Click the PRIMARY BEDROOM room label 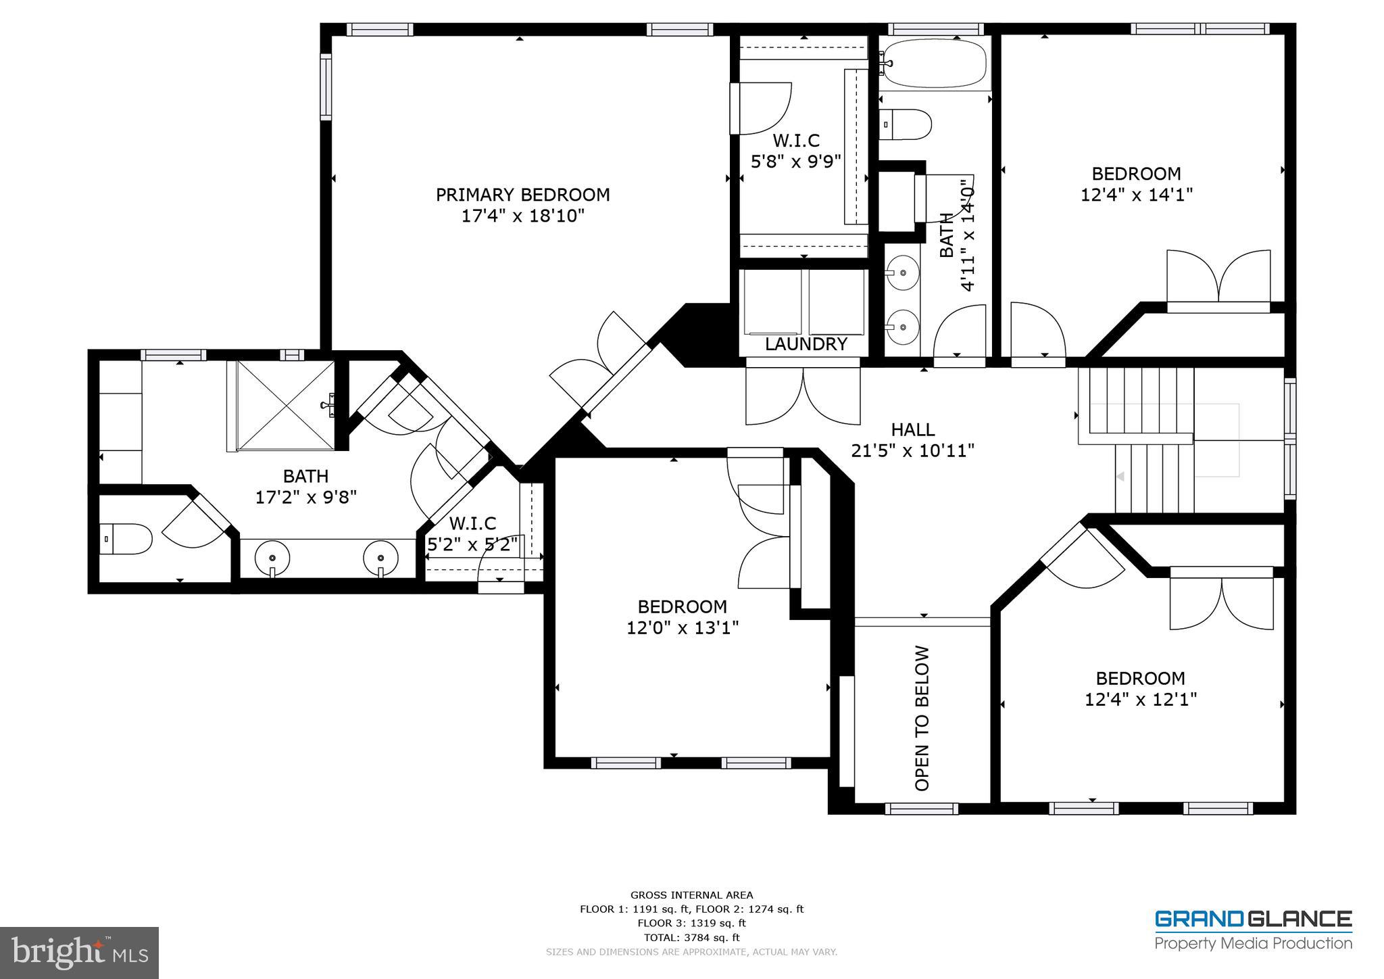point(522,195)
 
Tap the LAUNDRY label point(806,344)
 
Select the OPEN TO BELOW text point(922,718)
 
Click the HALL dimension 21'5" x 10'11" point(912,451)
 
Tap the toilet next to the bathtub point(909,124)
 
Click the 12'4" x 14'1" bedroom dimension point(1137,195)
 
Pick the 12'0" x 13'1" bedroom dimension point(683,628)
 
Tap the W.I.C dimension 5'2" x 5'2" point(472,544)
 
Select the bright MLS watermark point(80,952)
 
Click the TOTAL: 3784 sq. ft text point(691,938)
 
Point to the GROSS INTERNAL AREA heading point(691,895)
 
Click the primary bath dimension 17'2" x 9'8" point(305,498)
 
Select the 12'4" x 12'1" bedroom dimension point(1141,699)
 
